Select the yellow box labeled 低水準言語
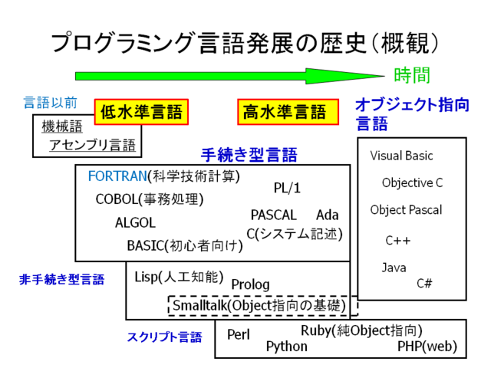click(141, 113)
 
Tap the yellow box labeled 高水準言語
click(287, 113)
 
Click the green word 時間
click(411, 75)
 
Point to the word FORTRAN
click(117, 176)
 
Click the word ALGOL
click(135, 223)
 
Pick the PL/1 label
click(288, 188)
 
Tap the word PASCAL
click(273, 215)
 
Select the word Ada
click(328, 215)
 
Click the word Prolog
click(250, 284)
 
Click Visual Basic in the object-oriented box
click(401, 156)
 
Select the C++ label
click(398, 240)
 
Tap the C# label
click(424, 283)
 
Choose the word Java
click(394, 268)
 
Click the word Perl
click(239, 335)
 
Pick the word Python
click(286, 347)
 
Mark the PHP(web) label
click(427, 347)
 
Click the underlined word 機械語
click(62, 127)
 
